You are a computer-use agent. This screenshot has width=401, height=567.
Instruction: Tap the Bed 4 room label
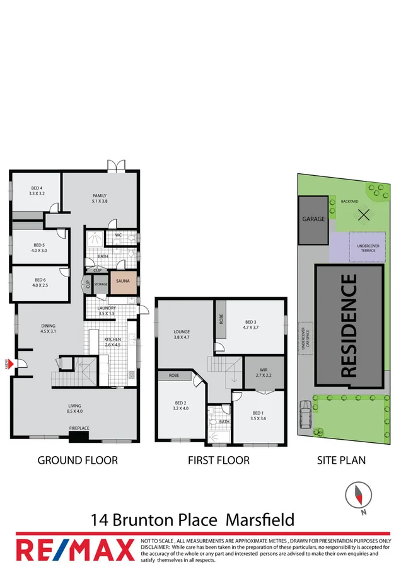pyautogui.click(x=37, y=191)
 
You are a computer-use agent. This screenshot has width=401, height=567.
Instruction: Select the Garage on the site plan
pyautogui.click(x=313, y=220)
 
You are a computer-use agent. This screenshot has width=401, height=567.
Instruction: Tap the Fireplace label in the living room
pyautogui.click(x=79, y=428)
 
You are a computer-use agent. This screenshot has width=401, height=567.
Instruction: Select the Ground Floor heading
pyautogui.click(x=78, y=461)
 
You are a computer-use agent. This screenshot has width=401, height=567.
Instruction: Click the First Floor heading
pyautogui.click(x=218, y=461)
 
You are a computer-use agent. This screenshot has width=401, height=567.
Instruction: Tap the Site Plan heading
pyautogui.click(x=341, y=461)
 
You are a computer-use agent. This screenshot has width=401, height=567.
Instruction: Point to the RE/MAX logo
pyautogui.click(x=75, y=549)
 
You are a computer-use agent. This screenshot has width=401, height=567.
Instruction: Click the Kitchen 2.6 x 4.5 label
pyautogui.click(x=113, y=342)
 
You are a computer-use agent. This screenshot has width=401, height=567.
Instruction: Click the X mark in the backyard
pyautogui.click(x=363, y=215)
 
